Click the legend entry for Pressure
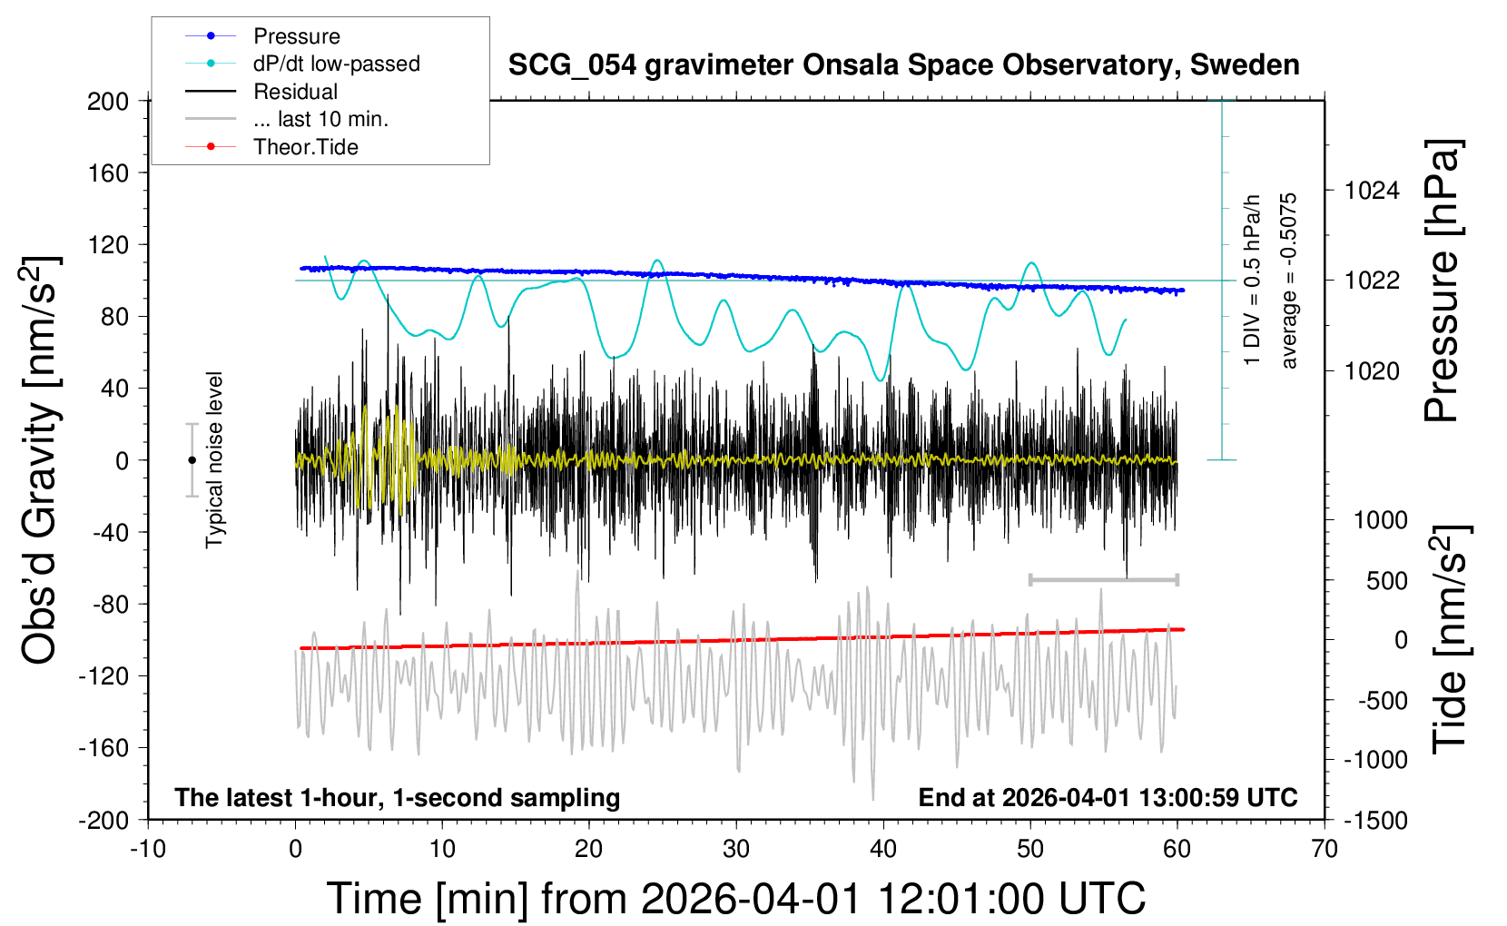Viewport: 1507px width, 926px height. (296, 36)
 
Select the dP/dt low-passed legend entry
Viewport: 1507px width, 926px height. (336, 64)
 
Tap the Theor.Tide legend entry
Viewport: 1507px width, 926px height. (305, 147)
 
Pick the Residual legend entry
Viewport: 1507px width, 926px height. (295, 92)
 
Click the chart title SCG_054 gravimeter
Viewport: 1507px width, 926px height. (902, 65)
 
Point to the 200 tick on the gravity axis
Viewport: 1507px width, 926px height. (108, 101)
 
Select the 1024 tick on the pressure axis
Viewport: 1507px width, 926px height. (1372, 191)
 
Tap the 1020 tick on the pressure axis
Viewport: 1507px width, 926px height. (1372, 370)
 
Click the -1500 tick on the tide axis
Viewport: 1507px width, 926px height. (1375, 820)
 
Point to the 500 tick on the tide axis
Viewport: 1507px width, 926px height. (1386, 580)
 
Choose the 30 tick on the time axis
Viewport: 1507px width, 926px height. (736, 850)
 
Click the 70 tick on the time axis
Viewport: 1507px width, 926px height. (1325, 850)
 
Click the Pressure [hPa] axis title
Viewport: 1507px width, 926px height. (1442, 281)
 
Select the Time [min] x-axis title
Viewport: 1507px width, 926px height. (735, 899)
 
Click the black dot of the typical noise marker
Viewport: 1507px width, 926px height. (192, 460)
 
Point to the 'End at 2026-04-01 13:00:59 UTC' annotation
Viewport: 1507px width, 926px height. (1108, 797)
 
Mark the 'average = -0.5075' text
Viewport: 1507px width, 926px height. (1289, 281)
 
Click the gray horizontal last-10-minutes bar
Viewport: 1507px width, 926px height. (1103, 579)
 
